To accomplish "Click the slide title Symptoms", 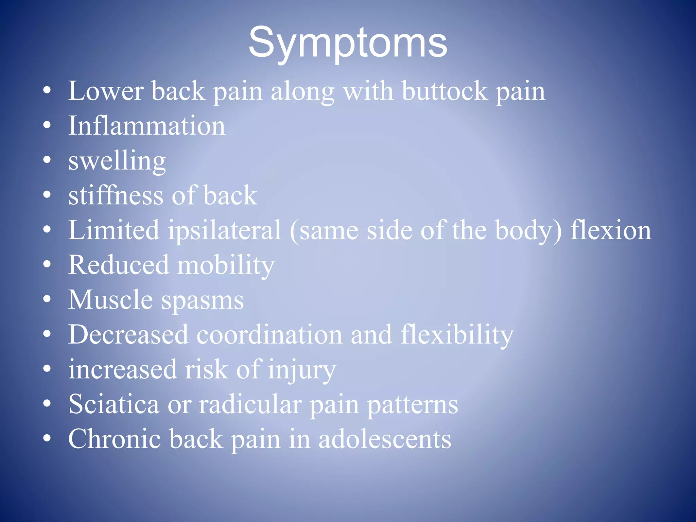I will pyautogui.click(x=348, y=43).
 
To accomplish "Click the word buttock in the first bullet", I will pyautogui.click(x=445, y=91).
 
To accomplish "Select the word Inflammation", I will pyautogui.click(x=146, y=126).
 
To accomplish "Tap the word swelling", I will pyautogui.click(x=117, y=161).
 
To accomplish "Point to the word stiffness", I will pyautogui.click(x=116, y=195).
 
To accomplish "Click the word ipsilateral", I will pyautogui.click(x=224, y=230).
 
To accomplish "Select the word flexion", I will pyautogui.click(x=610, y=230).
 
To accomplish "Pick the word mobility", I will pyautogui.click(x=226, y=265).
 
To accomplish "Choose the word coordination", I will pyautogui.click(x=269, y=335).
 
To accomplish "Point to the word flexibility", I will pyautogui.click(x=457, y=335).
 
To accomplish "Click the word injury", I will pyautogui.click(x=302, y=370).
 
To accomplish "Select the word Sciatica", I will pyautogui.click(x=114, y=404).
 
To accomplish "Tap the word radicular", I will pyautogui.click(x=250, y=404).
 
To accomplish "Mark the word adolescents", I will pyautogui.click(x=385, y=439).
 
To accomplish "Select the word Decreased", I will pyautogui.click(x=128, y=335).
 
